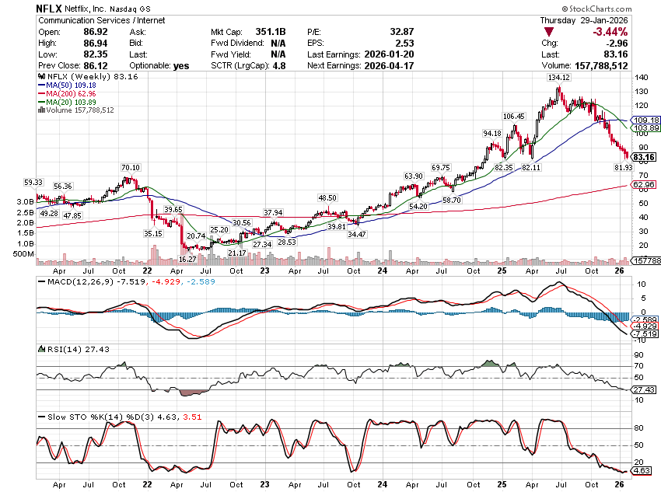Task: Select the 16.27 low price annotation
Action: (x=187, y=259)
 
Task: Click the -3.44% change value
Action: (x=610, y=32)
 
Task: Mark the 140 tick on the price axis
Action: (x=642, y=78)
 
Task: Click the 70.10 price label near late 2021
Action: (x=130, y=168)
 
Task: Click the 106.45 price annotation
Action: (x=514, y=116)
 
